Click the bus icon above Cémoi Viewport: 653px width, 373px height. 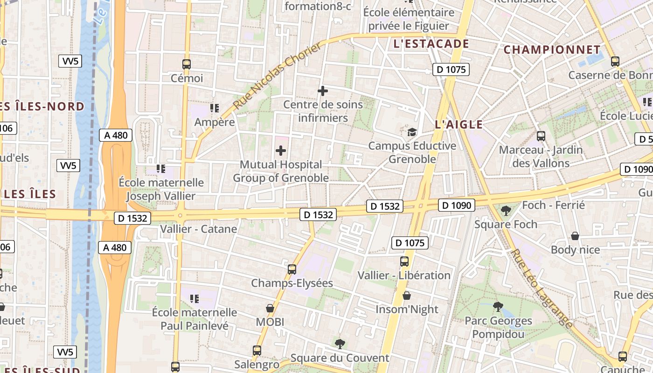coord(187,64)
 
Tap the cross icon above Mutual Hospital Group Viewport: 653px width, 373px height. coord(281,151)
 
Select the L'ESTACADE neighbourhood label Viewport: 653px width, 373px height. coord(431,44)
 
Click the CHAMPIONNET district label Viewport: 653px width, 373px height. coord(552,49)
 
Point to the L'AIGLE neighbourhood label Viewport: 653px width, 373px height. coord(458,124)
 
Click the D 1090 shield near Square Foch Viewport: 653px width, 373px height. coord(457,205)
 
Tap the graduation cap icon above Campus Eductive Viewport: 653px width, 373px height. coord(412,132)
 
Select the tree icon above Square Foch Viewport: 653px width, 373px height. coord(506,211)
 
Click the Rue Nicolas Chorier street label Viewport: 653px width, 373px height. coord(278,76)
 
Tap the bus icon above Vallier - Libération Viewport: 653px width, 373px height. coord(404,262)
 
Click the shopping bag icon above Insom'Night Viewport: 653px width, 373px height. coord(407,296)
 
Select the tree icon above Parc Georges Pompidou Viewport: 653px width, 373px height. coord(498,307)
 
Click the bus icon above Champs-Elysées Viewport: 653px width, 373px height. coord(292,269)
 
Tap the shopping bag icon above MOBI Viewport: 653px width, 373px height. coord(270,308)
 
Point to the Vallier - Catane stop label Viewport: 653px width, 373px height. coord(198,229)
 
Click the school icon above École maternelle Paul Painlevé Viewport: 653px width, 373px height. coord(195,298)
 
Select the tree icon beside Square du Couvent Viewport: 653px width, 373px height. coord(340,344)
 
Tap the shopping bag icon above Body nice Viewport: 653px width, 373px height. coord(575,236)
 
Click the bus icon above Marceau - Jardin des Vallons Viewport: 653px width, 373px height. coord(541,136)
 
